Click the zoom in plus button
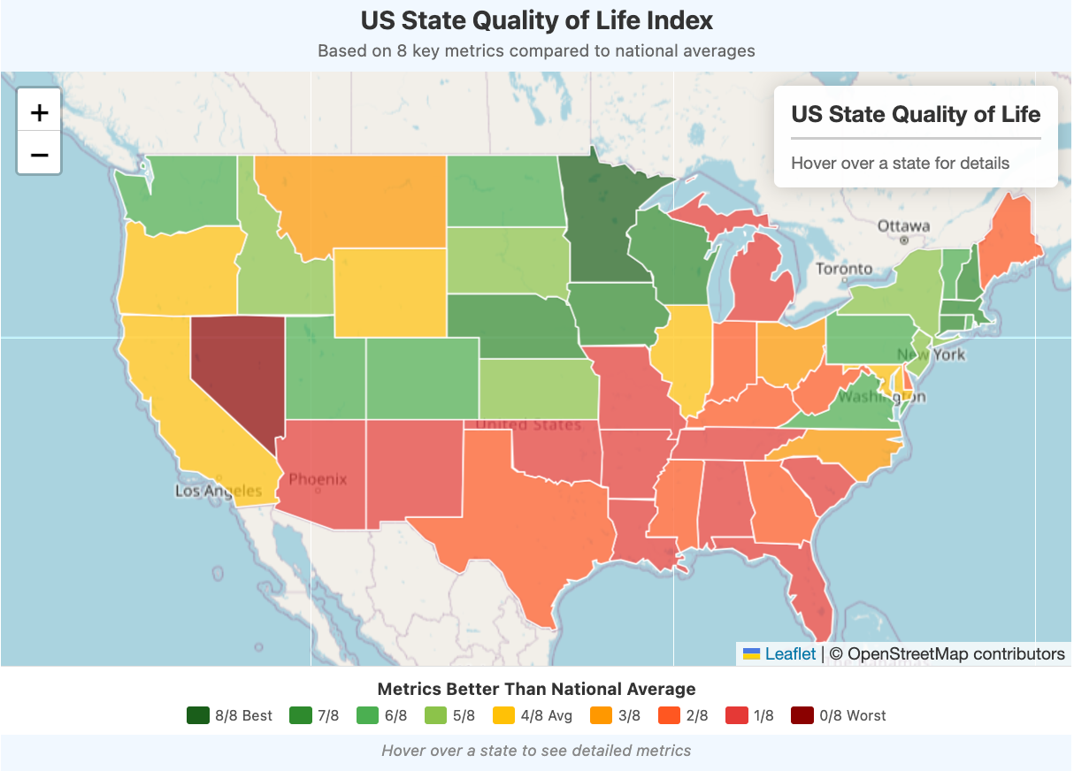[39, 112]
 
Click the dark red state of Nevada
[234, 371]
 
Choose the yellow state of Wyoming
[389, 292]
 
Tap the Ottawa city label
[903, 226]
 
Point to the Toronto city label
[843, 269]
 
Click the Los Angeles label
[218, 491]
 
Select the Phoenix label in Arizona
[318, 479]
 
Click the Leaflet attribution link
[790, 654]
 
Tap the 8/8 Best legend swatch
[198, 715]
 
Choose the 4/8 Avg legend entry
[533, 715]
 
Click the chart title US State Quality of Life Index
[536, 21]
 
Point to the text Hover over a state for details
[899, 163]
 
